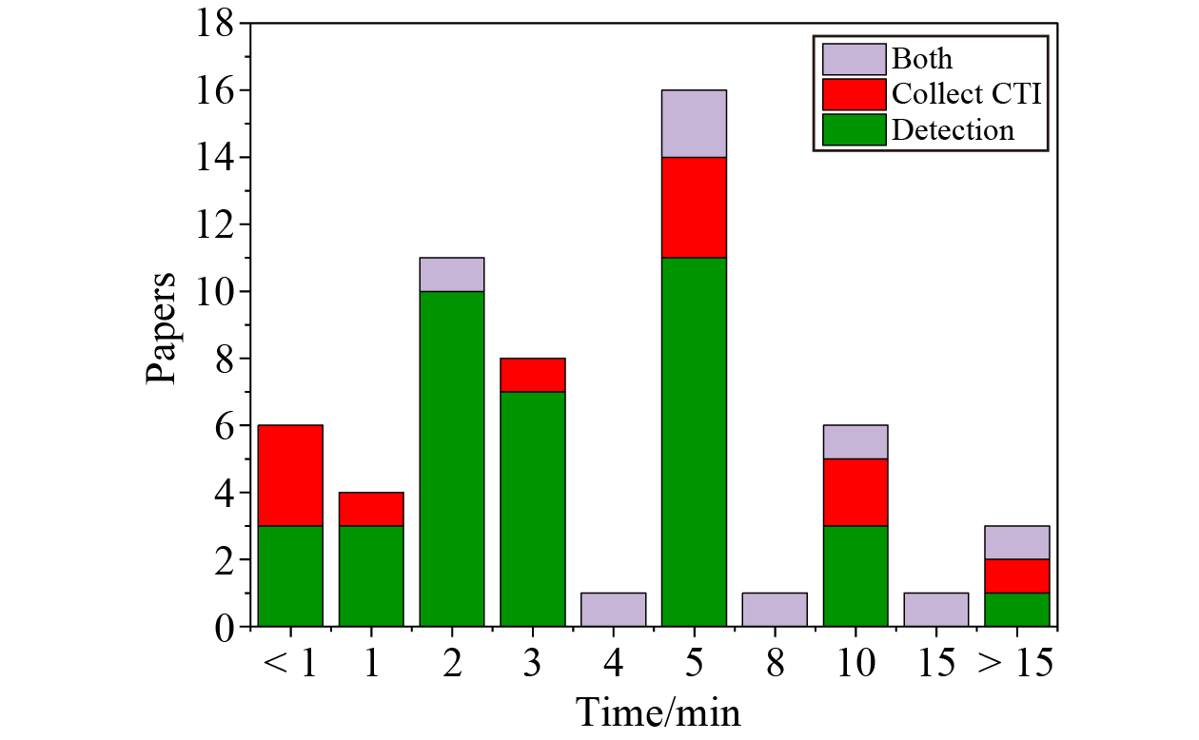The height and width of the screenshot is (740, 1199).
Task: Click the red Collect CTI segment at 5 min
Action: coord(694,207)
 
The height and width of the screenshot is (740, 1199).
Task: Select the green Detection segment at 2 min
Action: coord(452,458)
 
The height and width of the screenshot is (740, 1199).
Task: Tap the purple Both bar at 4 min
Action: coord(613,610)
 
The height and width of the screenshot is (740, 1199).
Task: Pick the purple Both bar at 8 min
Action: coord(775,610)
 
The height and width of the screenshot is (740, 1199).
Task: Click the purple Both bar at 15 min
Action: coord(935,610)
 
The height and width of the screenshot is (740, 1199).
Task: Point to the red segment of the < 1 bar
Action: coord(290,475)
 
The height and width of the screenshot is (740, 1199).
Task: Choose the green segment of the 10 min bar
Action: coord(855,575)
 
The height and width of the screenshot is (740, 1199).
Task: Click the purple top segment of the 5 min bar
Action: coord(694,124)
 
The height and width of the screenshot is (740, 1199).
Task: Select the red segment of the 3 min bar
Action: coord(533,375)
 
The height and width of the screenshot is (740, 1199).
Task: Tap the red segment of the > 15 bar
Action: coord(1016,575)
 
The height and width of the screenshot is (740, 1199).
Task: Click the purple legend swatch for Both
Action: coord(854,59)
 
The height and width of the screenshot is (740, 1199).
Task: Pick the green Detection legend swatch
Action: coord(854,129)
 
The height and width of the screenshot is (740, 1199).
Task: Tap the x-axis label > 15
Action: coord(1015,664)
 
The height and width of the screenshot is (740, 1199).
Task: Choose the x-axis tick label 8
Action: coord(775,664)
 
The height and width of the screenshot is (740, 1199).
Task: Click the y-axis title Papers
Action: coord(162,328)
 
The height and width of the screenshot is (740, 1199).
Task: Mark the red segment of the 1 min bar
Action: coord(371,509)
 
